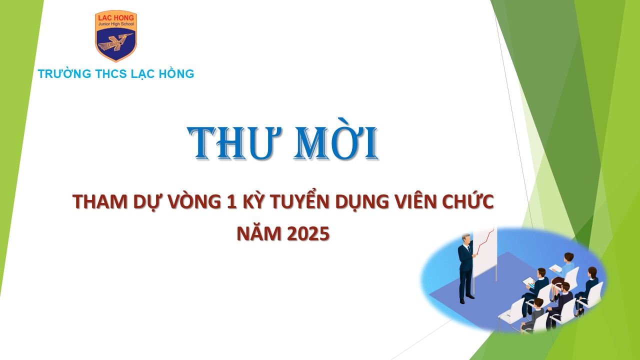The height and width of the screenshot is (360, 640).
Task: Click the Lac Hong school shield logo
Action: pyautogui.click(x=115, y=36)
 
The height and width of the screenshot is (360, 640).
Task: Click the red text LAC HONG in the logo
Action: pyautogui.click(x=116, y=17)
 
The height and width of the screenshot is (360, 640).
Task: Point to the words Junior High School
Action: pyautogui.click(x=116, y=24)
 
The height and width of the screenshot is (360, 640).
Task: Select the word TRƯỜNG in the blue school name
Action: pyautogui.click(x=64, y=73)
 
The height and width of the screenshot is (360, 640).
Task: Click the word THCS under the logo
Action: pyautogui.click(x=111, y=73)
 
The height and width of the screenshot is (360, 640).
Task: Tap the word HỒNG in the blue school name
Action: pyautogui.click(x=176, y=73)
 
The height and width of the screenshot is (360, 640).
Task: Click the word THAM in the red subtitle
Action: pyautogui.click(x=99, y=201)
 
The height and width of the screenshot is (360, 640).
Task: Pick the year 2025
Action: pyautogui.click(x=308, y=233)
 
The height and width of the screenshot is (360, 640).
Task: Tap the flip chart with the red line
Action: pyautogui.click(x=485, y=251)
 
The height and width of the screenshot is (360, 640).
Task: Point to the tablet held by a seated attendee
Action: pyautogui.click(x=529, y=282)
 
